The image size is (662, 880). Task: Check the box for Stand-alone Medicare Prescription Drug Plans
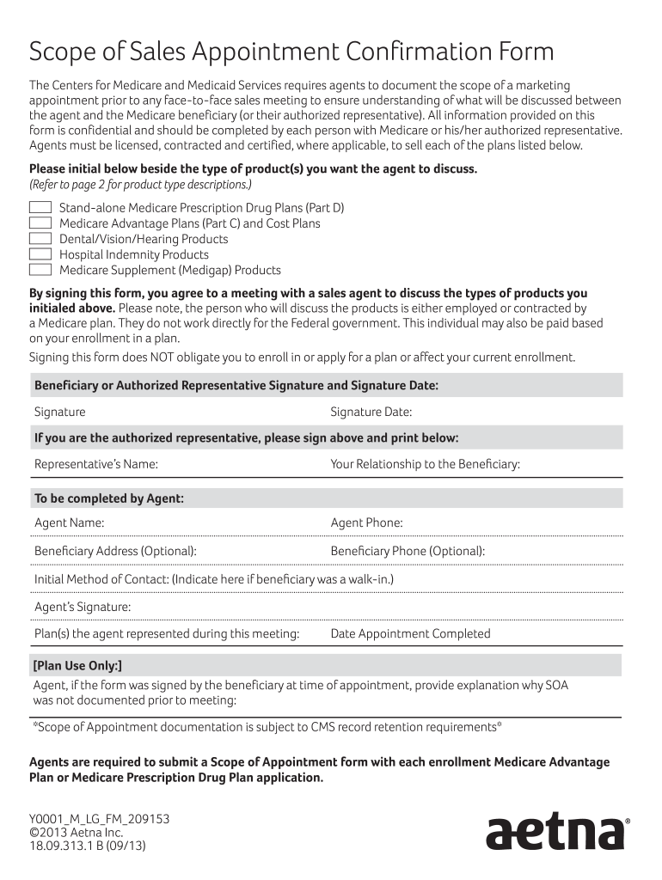coord(40,208)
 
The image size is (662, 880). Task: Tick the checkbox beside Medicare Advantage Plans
coord(40,223)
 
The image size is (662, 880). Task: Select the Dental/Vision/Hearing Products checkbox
coord(40,239)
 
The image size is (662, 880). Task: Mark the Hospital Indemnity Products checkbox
coord(40,254)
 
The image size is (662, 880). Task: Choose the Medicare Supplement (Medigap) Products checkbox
coord(40,270)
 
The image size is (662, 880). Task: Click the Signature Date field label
coord(371,412)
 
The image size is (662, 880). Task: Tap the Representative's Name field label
coord(96,465)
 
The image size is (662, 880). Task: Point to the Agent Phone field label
coord(366,522)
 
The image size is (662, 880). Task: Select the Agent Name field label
coord(70,522)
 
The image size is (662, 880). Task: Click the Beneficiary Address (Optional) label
coord(115,551)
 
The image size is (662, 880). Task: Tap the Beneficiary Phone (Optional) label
coord(408,551)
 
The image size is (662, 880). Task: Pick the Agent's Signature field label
coord(83,607)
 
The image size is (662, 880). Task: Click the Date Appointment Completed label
coord(410,634)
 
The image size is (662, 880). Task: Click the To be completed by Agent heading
coord(109,498)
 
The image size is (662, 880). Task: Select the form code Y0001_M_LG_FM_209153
coord(100,819)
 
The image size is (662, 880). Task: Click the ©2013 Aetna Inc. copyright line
coord(77,832)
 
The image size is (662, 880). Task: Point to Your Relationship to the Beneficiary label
coord(425,465)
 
